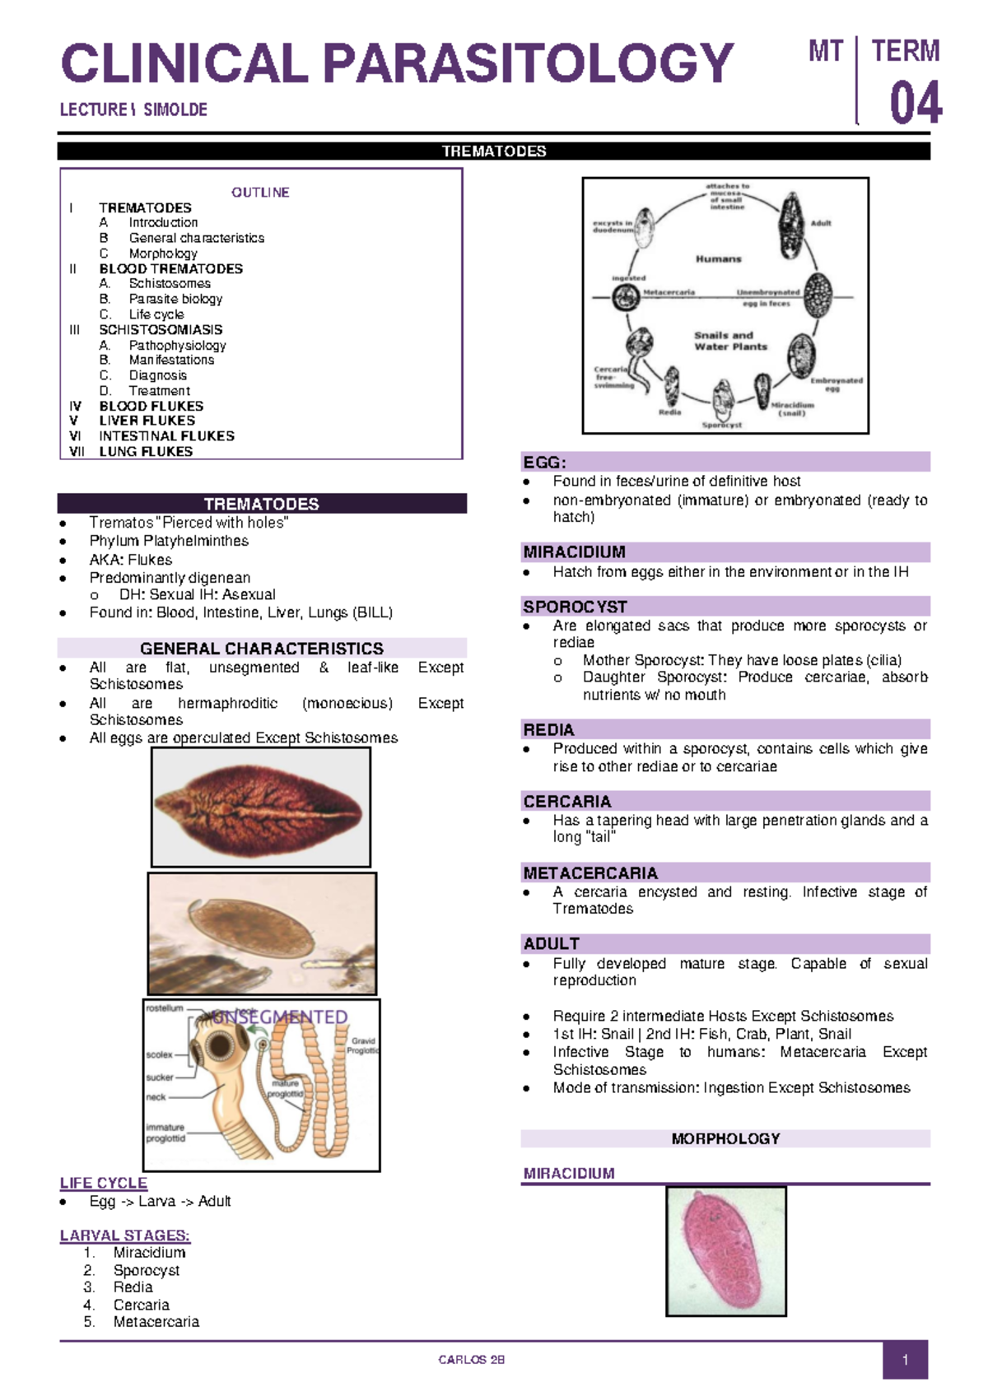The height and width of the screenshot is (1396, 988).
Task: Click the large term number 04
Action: (915, 104)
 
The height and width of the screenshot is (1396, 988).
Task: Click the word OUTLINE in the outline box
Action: (260, 193)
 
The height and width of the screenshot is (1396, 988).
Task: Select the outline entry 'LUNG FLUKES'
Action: (146, 451)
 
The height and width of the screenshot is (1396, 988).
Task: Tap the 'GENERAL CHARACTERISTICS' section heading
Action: (262, 649)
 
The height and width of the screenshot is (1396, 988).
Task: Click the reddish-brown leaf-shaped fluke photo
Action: (260, 807)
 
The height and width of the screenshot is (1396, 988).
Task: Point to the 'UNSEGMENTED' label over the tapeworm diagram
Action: (280, 1017)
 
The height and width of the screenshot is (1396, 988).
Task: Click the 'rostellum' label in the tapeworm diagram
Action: (165, 1008)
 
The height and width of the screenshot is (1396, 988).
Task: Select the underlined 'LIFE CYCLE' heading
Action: (104, 1183)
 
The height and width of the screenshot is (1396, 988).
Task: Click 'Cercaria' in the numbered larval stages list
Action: (142, 1305)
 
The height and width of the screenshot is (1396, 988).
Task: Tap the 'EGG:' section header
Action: (545, 463)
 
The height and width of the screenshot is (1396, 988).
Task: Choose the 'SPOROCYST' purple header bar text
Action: (575, 607)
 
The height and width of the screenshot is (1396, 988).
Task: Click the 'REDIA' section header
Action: (548, 729)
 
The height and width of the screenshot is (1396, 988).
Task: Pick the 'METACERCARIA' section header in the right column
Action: (590, 872)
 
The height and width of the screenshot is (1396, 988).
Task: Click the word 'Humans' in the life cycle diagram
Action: (719, 258)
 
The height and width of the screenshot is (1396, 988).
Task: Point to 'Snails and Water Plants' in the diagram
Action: (730, 341)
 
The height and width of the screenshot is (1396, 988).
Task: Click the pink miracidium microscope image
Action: (725, 1250)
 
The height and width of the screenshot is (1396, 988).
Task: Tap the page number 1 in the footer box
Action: (905, 1360)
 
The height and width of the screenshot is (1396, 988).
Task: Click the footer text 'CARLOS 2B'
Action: (471, 1360)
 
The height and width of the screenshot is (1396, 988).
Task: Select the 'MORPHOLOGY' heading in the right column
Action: (725, 1138)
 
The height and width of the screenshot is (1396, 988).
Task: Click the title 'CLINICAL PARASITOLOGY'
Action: (397, 64)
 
